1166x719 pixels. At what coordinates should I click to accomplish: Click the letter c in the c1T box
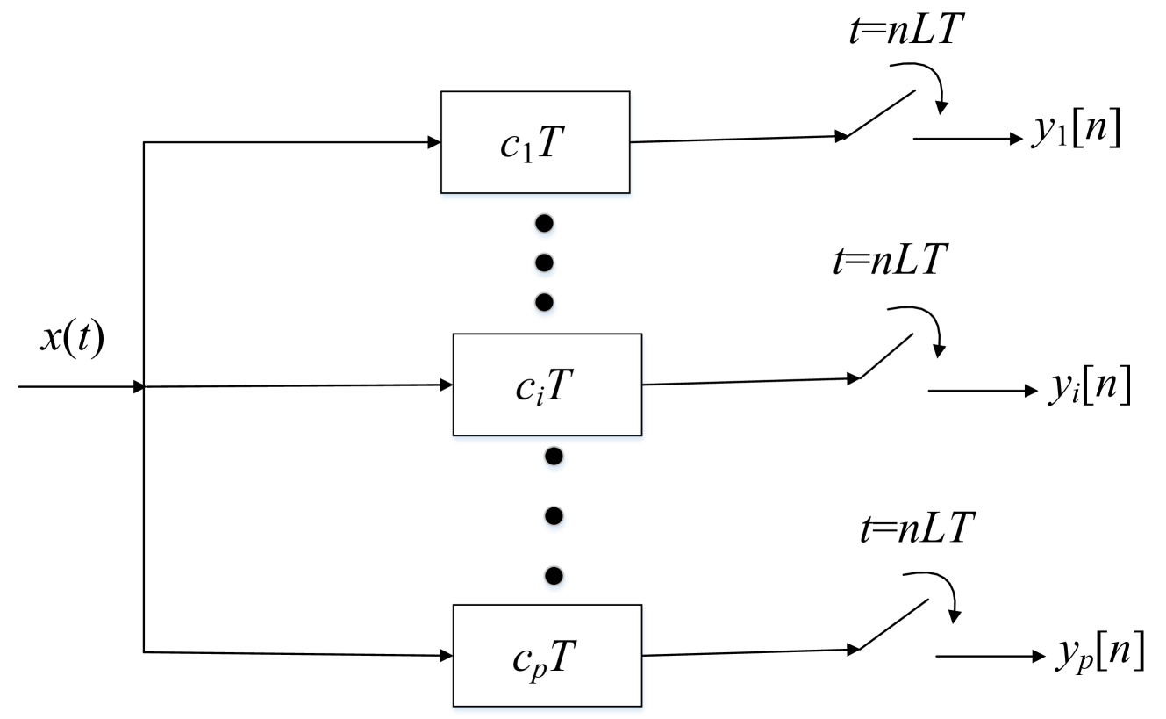(x=510, y=147)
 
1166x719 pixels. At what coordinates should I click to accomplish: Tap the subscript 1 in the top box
(x=526, y=155)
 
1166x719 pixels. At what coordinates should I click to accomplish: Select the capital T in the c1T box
(x=546, y=144)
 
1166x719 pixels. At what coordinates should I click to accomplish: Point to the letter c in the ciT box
(x=526, y=388)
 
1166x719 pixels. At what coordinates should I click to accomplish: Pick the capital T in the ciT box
(x=560, y=385)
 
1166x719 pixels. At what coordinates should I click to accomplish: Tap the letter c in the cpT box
(x=522, y=659)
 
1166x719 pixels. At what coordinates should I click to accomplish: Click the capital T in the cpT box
(x=561, y=657)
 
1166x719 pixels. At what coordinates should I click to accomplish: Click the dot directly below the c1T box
(x=545, y=226)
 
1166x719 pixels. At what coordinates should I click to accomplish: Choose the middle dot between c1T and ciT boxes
(x=545, y=263)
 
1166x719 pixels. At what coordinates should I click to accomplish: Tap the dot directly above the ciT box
(x=545, y=304)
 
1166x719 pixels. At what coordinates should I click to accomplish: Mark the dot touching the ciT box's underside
(x=554, y=457)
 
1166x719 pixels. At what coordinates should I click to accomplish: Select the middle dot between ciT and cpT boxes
(x=554, y=518)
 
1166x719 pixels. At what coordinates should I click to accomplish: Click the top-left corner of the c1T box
(x=440, y=92)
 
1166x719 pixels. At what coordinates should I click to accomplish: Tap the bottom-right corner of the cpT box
(x=642, y=706)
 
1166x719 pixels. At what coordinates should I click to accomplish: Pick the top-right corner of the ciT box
(x=642, y=334)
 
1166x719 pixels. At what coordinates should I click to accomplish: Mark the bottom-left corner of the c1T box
(x=440, y=193)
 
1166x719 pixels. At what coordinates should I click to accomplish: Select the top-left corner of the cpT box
(x=453, y=605)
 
